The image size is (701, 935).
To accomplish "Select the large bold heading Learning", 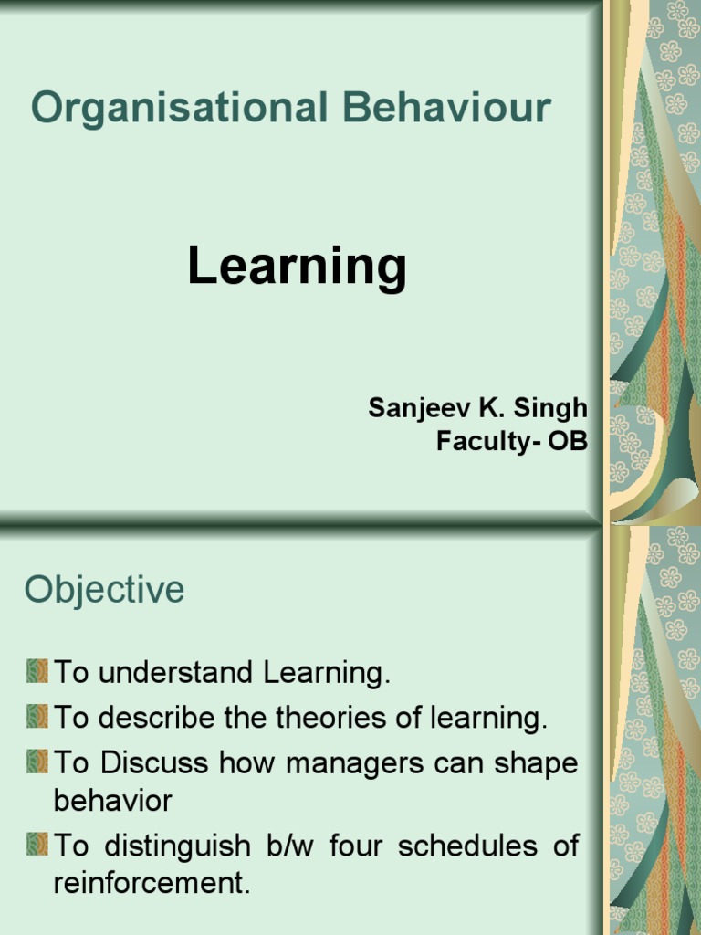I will pos(297,267).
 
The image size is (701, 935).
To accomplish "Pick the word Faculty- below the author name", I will pos(487,441).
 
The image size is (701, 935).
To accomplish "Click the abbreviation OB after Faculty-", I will pos(568,441).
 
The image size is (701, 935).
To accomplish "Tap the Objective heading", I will pos(104,590).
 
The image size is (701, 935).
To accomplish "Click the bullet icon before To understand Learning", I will pos(37,672).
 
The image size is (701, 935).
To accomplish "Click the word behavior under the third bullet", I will pos(112,801).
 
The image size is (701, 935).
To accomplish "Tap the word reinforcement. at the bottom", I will pos(152,884).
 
